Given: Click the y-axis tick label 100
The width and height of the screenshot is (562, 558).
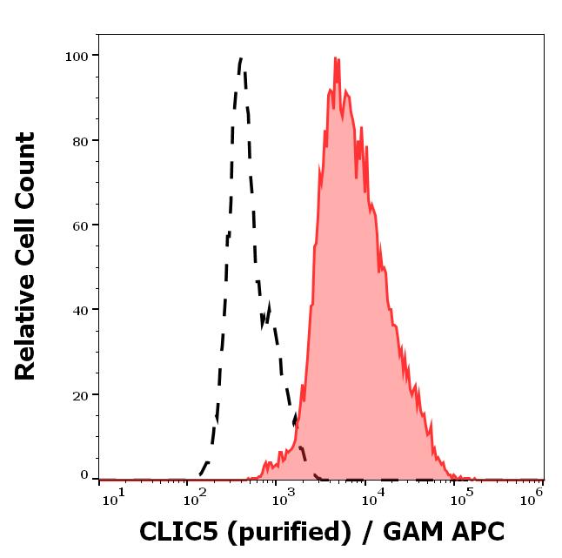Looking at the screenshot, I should click(76, 57).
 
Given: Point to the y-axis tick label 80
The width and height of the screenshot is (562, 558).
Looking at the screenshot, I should click(79, 141).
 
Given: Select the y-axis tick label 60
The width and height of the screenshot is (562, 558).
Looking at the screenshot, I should click(79, 225).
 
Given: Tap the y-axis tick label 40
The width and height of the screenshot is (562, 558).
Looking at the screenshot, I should click(79, 310).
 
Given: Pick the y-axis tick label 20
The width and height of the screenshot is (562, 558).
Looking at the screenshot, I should click(79, 395).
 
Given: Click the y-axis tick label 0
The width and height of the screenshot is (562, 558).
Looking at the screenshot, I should click(84, 476).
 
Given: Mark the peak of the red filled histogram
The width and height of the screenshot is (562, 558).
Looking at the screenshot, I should click(336, 58).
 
